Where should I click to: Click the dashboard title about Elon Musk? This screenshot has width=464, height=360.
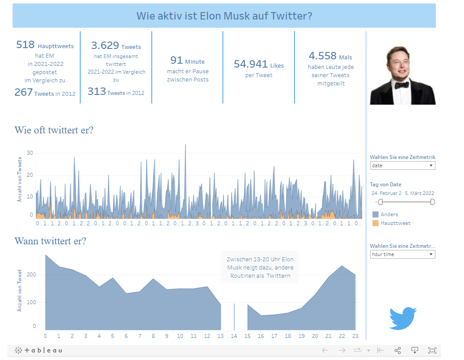pyautogui.click(x=224, y=16)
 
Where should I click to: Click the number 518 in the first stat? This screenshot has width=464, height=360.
pyautogui.click(x=25, y=45)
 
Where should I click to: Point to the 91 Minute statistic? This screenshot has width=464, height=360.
pyautogui.click(x=176, y=60)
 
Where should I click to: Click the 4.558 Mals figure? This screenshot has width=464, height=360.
pyautogui.click(x=323, y=56)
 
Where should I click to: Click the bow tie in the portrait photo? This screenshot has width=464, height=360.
pyautogui.click(x=402, y=84)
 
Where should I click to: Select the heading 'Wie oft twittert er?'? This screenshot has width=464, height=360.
pyautogui.click(x=54, y=130)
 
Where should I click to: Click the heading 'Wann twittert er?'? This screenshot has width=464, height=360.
pyautogui.click(x=50, y=241)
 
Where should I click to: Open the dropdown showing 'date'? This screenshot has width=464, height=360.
pyautogui.click(x=402, y=165)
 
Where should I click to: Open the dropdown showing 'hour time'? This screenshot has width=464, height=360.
pyautogui.click(x=402, y=254)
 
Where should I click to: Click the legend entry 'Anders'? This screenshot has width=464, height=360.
pyautogui.click(x=389, y=214)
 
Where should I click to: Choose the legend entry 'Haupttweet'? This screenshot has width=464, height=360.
pyautogui.click(x=395, y=223)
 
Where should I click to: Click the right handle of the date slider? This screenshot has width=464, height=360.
pyautogui.click(x=432, y=202)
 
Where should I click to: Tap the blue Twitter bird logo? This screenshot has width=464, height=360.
pyautogui.click(x=403, y=319)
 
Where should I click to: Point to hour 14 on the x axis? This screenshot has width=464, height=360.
pyautogui.click(x=234, y=336)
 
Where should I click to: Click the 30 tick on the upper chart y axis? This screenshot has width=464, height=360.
pyautogui.click(x=30, y=153)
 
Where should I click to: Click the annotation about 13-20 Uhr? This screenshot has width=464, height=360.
pyautogui.click(x=260, y=267)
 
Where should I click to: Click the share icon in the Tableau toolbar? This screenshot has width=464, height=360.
pyautogui.click(x=398, y=350)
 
